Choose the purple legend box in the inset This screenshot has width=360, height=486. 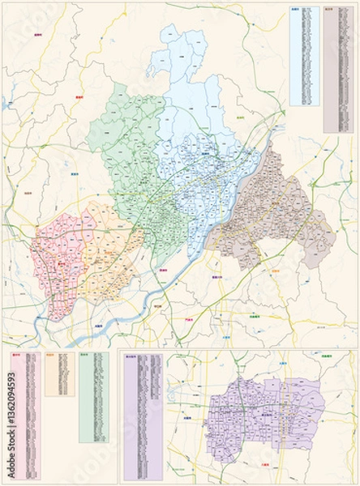141,413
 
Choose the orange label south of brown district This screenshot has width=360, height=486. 275,271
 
